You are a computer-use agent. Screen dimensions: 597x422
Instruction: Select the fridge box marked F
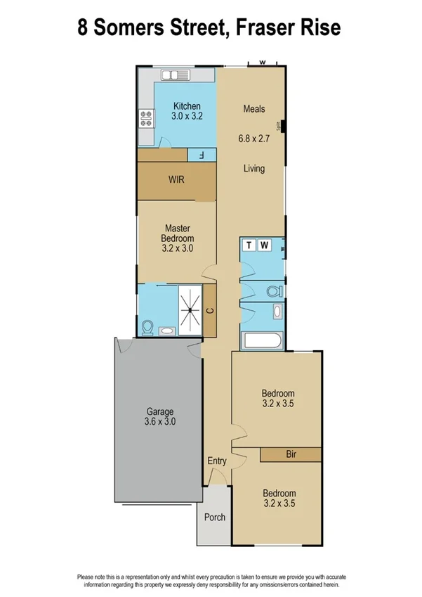202,155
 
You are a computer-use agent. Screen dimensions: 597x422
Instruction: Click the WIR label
176,179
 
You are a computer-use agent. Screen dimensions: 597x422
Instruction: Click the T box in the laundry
249,245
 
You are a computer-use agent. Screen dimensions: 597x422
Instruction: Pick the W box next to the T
264,245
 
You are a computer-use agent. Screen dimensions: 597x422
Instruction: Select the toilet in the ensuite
147,328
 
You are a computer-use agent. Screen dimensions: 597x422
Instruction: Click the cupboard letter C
211,309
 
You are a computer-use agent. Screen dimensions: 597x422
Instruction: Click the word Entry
217,461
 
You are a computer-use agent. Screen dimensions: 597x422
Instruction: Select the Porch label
214,518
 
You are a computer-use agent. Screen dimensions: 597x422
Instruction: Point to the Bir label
291,455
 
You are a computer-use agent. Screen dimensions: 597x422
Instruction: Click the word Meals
253,108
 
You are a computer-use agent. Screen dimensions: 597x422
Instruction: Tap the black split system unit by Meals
282,127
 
